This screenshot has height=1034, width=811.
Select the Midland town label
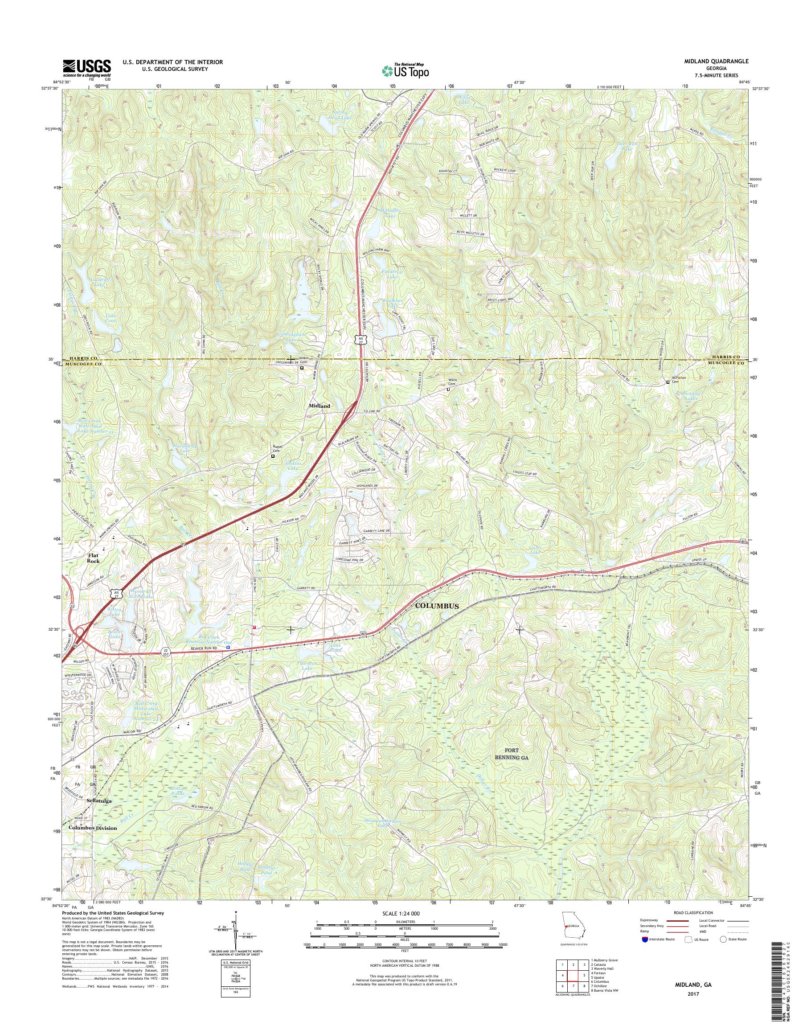(x=319, y=406)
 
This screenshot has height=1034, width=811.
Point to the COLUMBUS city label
(x=437, y=607)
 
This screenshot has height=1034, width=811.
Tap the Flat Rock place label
(x=93, y=558)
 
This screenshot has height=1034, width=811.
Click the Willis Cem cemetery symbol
(x=448, y=390)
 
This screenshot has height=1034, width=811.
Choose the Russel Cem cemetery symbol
(x=273, y=456)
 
